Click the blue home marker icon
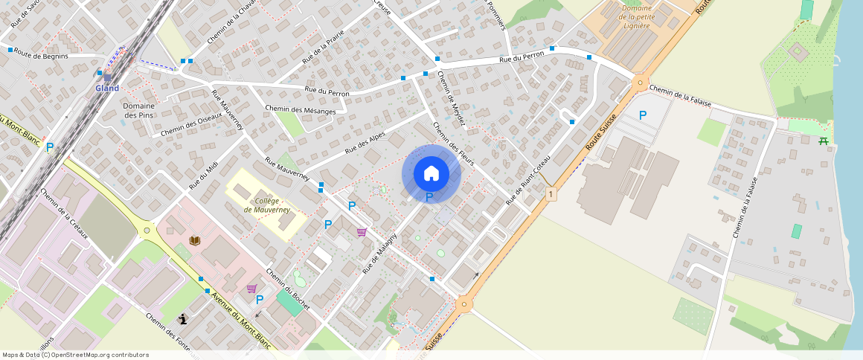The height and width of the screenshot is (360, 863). [431, 173]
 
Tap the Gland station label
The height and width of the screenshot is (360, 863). [106, 89]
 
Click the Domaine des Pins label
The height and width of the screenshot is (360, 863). [139, 110]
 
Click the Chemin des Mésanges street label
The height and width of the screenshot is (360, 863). [300, 110]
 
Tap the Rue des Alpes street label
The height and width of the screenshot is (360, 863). [365, 143]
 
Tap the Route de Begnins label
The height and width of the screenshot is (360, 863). [41, 55]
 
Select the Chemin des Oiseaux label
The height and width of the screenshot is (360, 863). [191, 124]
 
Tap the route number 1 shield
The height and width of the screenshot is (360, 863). [550, 194]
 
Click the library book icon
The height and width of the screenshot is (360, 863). [195, 241]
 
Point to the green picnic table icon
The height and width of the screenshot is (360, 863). [824, 141]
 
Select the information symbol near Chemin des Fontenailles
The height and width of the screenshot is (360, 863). [182, 319]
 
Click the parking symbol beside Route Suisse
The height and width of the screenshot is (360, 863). [643, 115]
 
